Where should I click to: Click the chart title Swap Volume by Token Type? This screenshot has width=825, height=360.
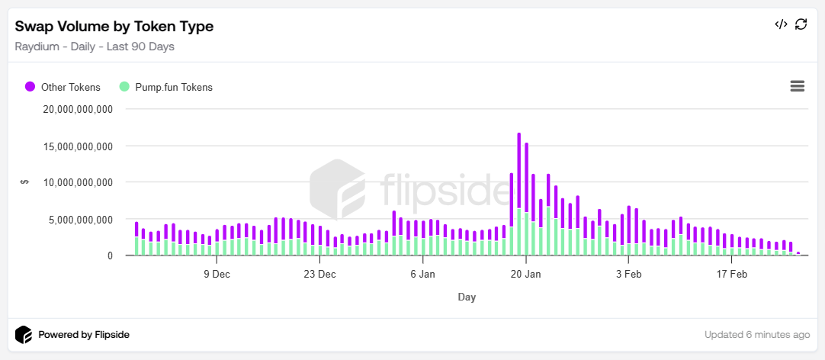coord(114,26)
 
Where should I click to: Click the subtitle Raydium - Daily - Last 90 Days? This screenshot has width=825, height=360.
coord(95,47)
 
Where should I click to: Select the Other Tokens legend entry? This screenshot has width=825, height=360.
coord(70,87)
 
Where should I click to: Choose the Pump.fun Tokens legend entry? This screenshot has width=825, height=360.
coord(174,87)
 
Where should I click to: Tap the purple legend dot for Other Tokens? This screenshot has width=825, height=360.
coord(30,86)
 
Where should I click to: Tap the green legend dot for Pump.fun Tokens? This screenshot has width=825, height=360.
coord(124,86)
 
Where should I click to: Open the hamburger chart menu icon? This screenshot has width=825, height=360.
coord(798,86)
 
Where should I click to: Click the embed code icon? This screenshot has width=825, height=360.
coord(781,24)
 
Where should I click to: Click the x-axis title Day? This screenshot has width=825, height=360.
coord(467,297)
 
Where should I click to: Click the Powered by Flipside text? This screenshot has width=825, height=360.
coord(84,335)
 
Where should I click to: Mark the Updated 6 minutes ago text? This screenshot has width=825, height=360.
coord(757,335)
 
